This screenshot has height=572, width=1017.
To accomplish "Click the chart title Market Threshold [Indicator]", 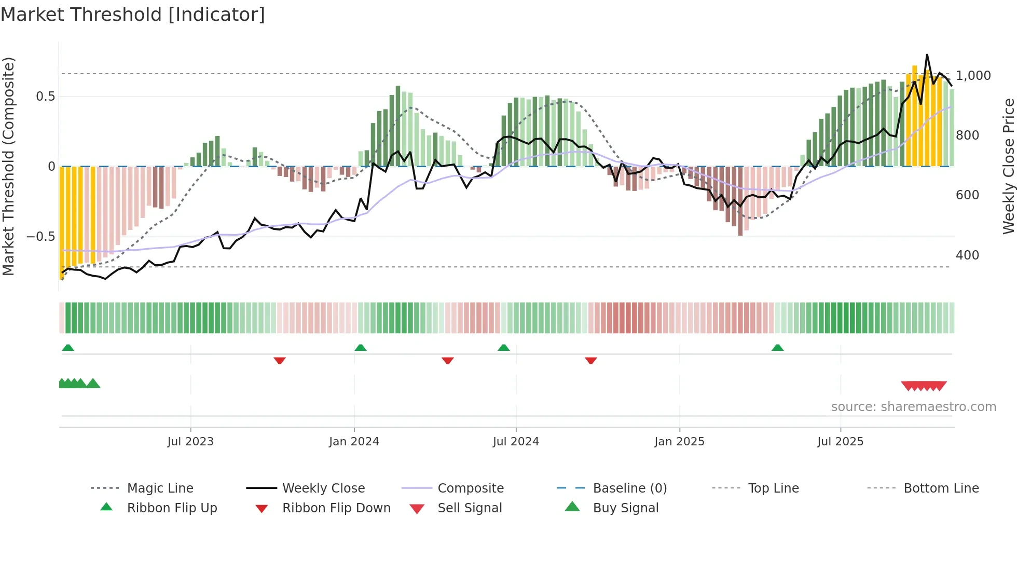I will [133, 15].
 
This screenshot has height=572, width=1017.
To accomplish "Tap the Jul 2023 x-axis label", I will [190, 442].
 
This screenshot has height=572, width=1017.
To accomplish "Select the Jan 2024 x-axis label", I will [354, 442].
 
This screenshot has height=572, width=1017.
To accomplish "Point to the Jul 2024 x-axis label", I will [516, 442].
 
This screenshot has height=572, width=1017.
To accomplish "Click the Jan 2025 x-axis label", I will [679, 442].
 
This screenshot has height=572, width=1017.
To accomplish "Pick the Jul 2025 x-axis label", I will [840, 442].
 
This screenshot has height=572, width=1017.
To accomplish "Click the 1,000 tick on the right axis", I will [973, 76].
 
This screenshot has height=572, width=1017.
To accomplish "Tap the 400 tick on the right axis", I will [967, 255].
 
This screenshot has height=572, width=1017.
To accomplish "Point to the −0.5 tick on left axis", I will [40, 237].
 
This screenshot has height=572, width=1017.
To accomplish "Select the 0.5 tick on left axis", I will [45, 97].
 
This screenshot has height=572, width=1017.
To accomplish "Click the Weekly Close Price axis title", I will [1008, 166].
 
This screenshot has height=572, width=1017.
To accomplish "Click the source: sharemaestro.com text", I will [913, 407].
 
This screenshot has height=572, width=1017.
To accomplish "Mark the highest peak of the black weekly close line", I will [927, 55].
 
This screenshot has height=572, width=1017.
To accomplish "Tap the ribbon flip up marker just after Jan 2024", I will [361, 348].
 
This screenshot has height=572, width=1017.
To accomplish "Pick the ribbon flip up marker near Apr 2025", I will [777, 348].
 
